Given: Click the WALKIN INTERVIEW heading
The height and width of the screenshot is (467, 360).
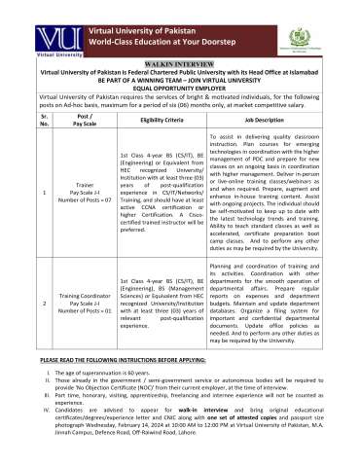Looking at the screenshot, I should (179, 60).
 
